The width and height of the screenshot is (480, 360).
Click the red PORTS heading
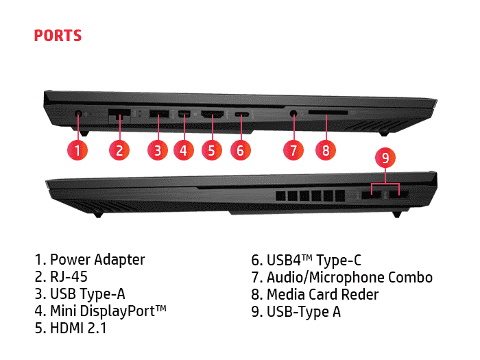click(58, 36)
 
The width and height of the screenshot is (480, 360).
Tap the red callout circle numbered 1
click(77, 150)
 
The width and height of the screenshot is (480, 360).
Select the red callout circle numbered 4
click(183, 150)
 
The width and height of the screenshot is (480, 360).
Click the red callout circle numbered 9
click(385, 158)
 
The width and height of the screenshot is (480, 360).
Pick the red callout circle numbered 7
click(293, 150)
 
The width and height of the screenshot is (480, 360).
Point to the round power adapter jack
click(78, 115)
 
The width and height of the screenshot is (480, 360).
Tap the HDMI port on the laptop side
click(212, 115)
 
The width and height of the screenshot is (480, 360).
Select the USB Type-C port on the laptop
click(241, 115)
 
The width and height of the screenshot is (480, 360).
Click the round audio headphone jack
click(293, 114)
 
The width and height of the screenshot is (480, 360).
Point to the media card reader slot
click(328, 112)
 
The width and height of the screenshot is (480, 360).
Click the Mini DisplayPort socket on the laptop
click(184, 114)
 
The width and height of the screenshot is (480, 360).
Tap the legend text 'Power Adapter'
click(97, 260)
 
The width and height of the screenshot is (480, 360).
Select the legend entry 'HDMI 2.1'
click(78, 328)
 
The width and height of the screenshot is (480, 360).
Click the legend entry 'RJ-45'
click(69, 277)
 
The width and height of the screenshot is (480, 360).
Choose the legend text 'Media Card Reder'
click(323, 294)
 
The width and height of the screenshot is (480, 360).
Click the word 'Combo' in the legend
click(410, 277)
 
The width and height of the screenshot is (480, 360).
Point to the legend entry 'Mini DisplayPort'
click(108, 311)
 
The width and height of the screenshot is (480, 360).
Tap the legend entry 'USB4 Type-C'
click(314, 260)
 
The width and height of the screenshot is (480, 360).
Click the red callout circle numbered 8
click(326, 150)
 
